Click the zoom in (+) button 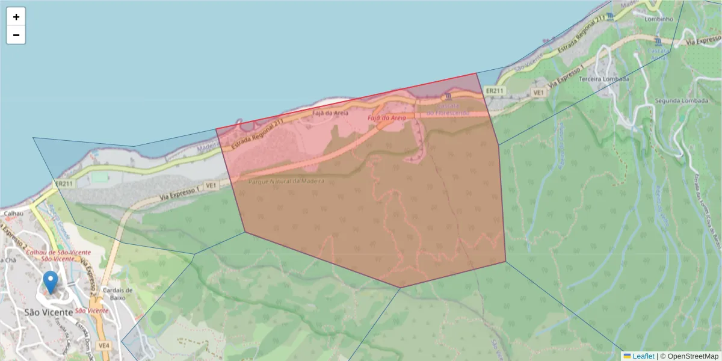pyautogui.click(x=16, y=17)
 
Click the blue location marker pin pyautogui.click(x=51, y=282)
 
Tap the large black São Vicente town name pyautogui.click(x=48, y=312)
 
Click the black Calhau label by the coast pyautogui.click(x=13, y=213)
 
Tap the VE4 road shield pyautogui.click(x=104, y=345)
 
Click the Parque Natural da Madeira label pyautogui.click(x=286, y=180)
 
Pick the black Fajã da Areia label pyautogui.click(x=331, y=113)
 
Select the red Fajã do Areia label pyautogui.click(x=387, y=119)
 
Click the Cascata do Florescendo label pyautogui.click(x=448, y=110)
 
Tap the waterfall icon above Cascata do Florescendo pyautogui.click(x=448, y=97)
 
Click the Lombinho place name pyautogui.click(x=658, y=19)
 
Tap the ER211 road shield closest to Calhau pyautogui.click(x=64, y=184)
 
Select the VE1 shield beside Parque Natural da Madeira pyautogui.click(x=211, y=187)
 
